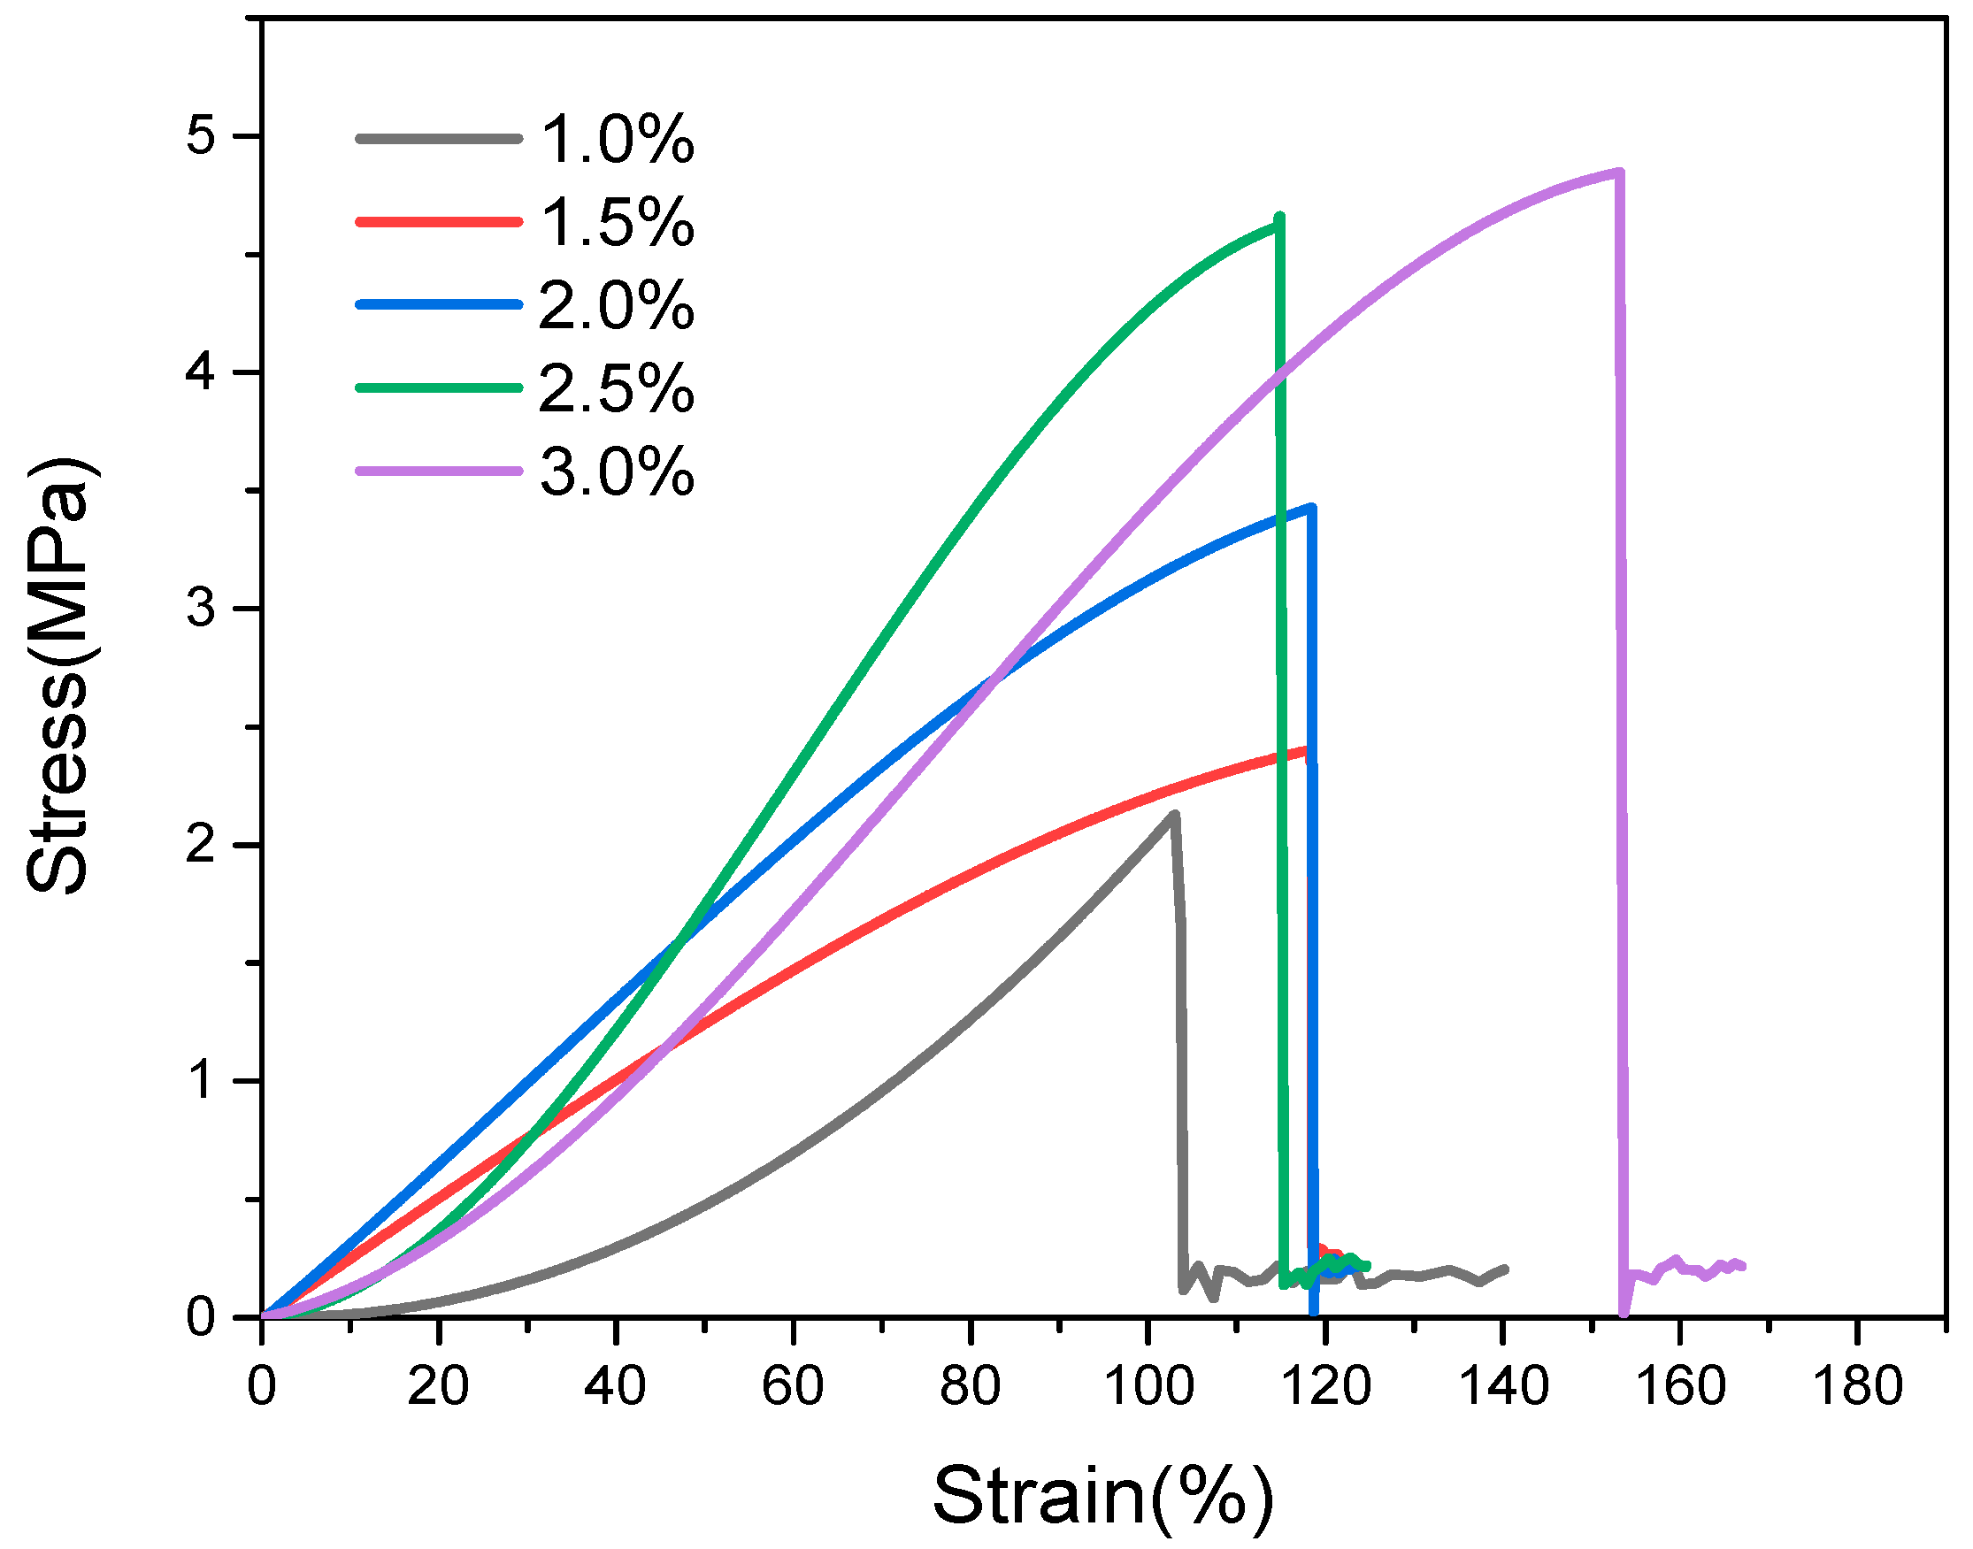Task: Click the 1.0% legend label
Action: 617,141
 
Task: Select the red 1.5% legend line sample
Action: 439,221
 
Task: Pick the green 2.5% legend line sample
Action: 439,387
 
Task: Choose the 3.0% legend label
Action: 617,472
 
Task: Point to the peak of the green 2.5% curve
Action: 1279,218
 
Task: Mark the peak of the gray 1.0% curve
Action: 1174,815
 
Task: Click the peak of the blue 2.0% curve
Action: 1311,508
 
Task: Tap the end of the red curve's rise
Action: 1306,750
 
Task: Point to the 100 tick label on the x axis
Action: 1148,1386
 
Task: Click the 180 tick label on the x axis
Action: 1857,1386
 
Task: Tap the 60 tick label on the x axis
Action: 793,1386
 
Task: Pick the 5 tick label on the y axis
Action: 201,136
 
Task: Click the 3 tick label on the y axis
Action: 201,609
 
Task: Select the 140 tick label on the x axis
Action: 1503,1386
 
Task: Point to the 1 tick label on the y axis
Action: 201,1081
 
